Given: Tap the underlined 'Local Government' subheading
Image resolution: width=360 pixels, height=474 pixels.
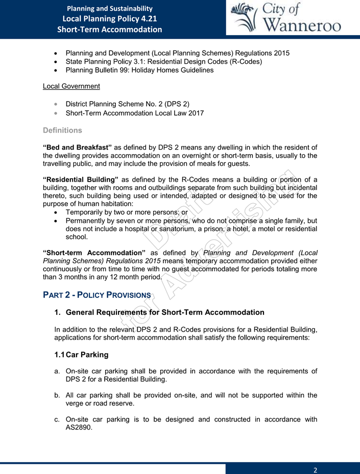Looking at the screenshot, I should [x=71, y=86].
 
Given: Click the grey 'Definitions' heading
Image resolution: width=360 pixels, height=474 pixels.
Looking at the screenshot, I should [x=63, y=130].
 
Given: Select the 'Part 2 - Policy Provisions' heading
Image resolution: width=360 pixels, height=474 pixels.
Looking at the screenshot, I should [x=97, y=295].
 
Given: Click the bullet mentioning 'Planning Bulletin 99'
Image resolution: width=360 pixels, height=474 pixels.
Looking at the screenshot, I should [x=139, y=70].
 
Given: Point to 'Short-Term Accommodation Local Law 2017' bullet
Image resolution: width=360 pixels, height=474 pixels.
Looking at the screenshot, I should [x=135, y=113].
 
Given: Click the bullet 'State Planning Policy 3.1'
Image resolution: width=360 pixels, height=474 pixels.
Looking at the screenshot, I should [x=164, y=62].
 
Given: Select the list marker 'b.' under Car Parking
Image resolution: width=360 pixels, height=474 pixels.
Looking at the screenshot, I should [x=57, y=395].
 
